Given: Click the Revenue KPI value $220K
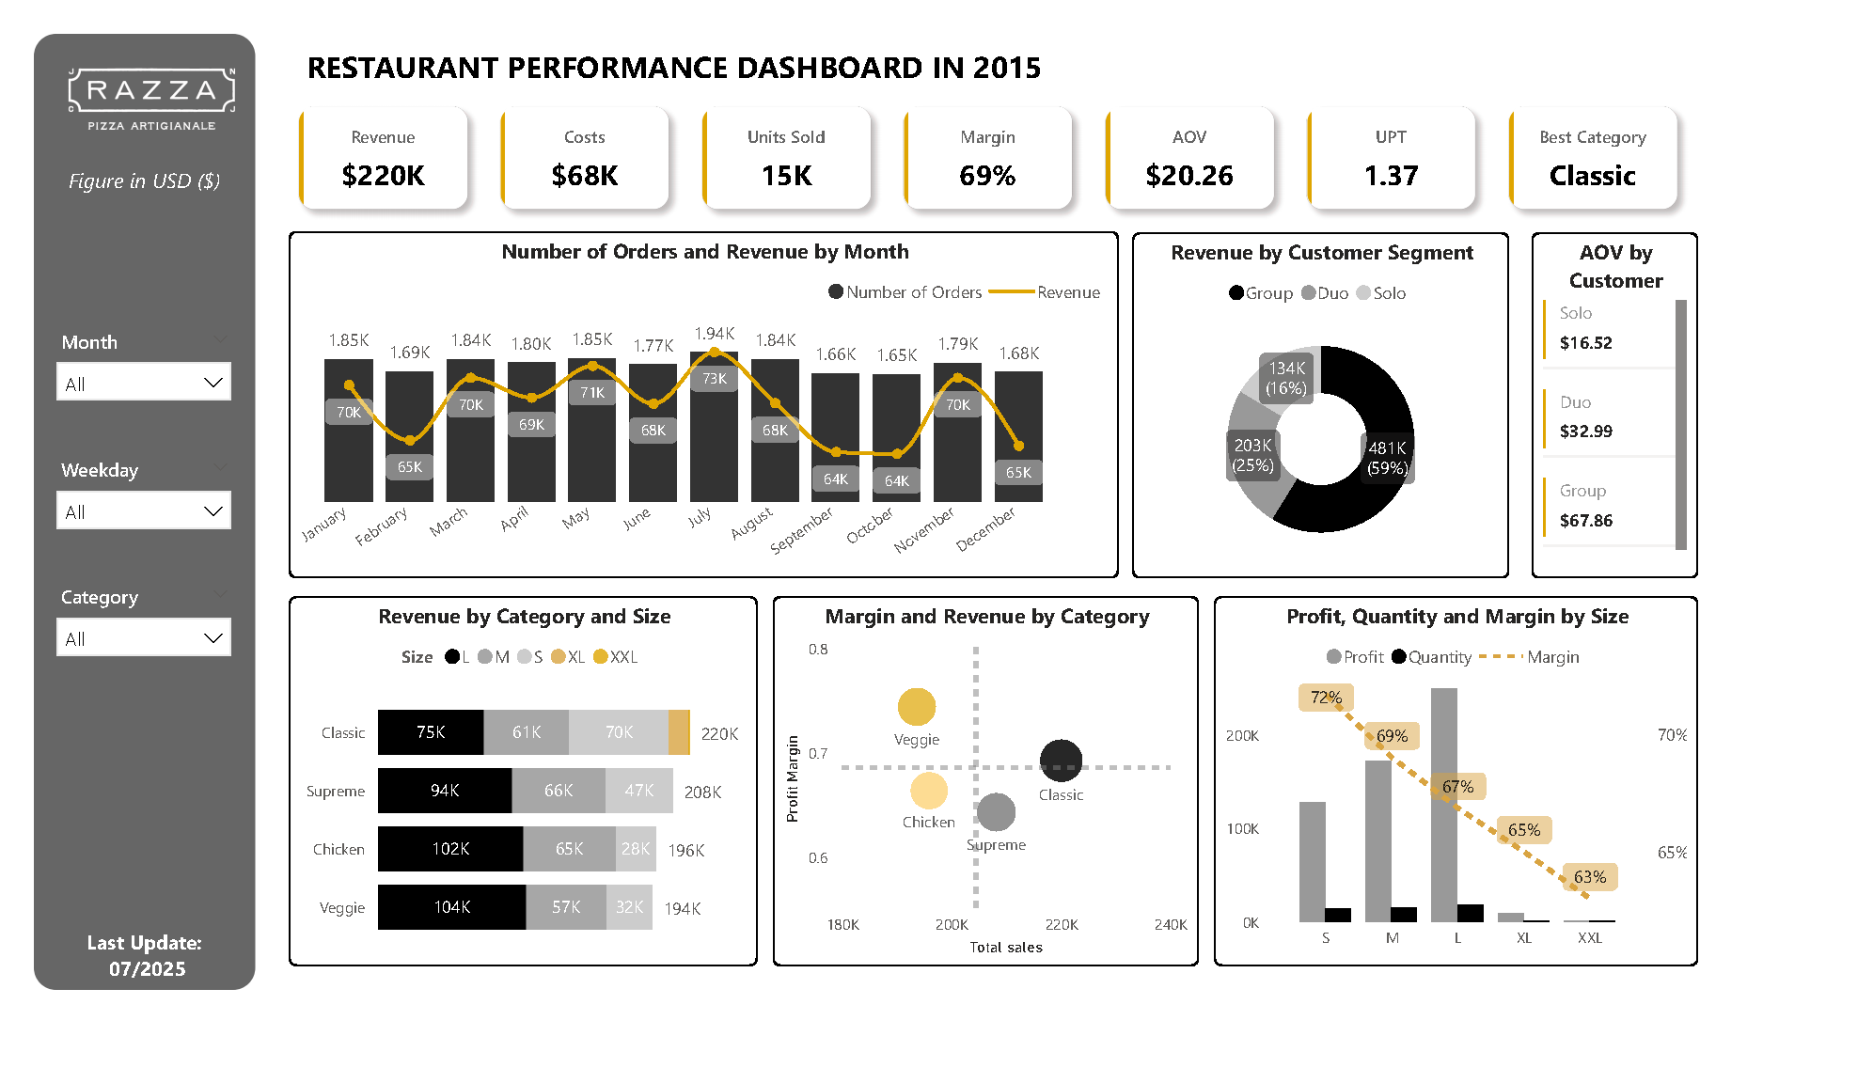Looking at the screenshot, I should pos(383,176).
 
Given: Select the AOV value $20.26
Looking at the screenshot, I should pos(1188,176).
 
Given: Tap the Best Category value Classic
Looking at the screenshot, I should pos(1592,176).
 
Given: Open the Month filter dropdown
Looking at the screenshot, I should pos(144,383).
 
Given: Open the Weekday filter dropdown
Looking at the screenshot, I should pos(144,510).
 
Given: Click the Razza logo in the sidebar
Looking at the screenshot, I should pos(151,98).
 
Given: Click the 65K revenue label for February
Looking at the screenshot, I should pos(409,466).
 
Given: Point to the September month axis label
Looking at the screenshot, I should pos(801,531).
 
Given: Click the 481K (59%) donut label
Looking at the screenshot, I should pos(1387,458).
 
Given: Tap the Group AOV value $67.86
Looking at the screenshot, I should pos(1585,520).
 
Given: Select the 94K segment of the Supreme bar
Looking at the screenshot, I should pos(445,791).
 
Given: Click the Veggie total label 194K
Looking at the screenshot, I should pos(683,908).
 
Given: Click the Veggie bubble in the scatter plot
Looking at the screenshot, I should pos(916,707).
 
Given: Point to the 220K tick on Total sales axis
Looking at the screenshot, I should pos(1062,924).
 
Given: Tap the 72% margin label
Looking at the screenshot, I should pos(1326,698).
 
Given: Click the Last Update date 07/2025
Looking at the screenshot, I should pos(147,968).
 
